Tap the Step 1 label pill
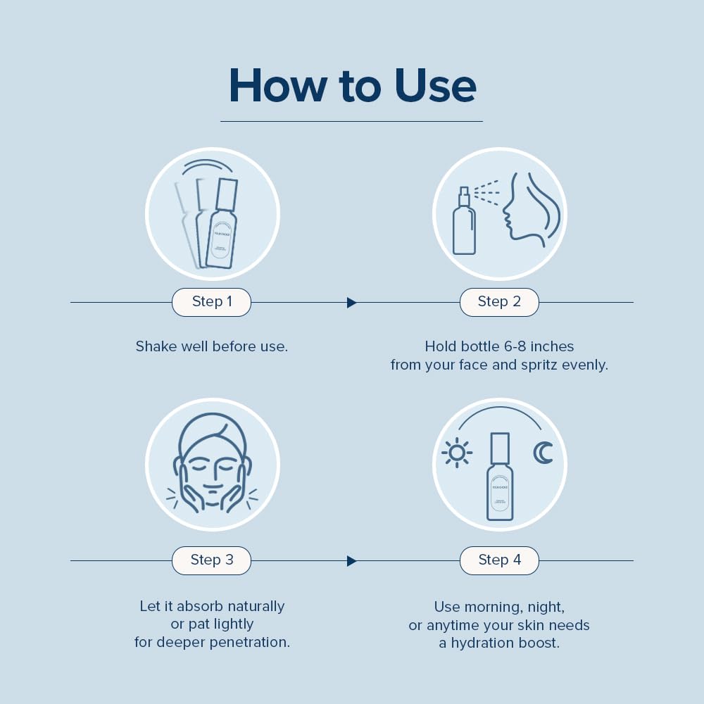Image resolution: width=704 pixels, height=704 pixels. pos(212,302)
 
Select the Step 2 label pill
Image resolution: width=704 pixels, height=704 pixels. pos(499,302)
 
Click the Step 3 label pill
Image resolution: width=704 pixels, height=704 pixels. pos(212,560)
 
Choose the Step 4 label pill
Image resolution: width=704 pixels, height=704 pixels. pos(499,560)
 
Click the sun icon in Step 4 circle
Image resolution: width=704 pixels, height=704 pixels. pos(457,453)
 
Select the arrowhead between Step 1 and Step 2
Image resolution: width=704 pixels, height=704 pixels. pos(351,303)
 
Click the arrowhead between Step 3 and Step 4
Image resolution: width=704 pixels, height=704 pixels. pos(351,561)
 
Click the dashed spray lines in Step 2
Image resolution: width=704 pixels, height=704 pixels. pos(486,192)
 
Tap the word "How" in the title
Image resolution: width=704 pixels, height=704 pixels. pos(277,86)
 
